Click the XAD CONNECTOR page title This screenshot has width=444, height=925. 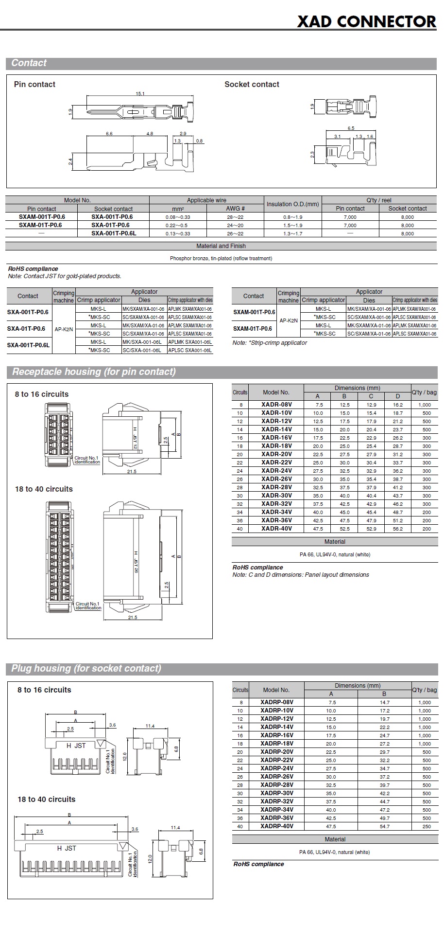click(366, 21)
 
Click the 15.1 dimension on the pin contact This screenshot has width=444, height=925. click(140, 94)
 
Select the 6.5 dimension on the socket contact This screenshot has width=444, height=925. click(351, 128)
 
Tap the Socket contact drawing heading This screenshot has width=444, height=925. click(252, 84)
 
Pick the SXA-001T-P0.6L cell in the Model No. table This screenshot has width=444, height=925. click(114, 233)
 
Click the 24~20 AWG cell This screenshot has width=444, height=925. click(235, 225)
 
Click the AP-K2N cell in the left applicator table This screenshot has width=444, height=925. click(64, 329)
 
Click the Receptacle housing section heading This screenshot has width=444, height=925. click(94, 372)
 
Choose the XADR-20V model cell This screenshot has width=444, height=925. click(276, 454)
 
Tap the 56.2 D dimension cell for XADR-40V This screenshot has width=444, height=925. click(397, 529)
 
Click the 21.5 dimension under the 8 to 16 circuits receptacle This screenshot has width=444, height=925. click(132, 471)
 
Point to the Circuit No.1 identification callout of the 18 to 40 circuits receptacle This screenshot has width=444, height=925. click(88, 606)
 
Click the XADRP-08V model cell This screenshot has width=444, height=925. click(276, 702)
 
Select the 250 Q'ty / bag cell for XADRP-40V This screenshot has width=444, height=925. click(426, 826)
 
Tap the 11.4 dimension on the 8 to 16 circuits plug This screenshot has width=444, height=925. click(150, 726)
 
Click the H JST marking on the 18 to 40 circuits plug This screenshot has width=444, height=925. click(67, 848)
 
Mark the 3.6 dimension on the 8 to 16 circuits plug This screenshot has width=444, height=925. click(112, 725)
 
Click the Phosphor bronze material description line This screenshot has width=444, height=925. click(221, 258)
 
